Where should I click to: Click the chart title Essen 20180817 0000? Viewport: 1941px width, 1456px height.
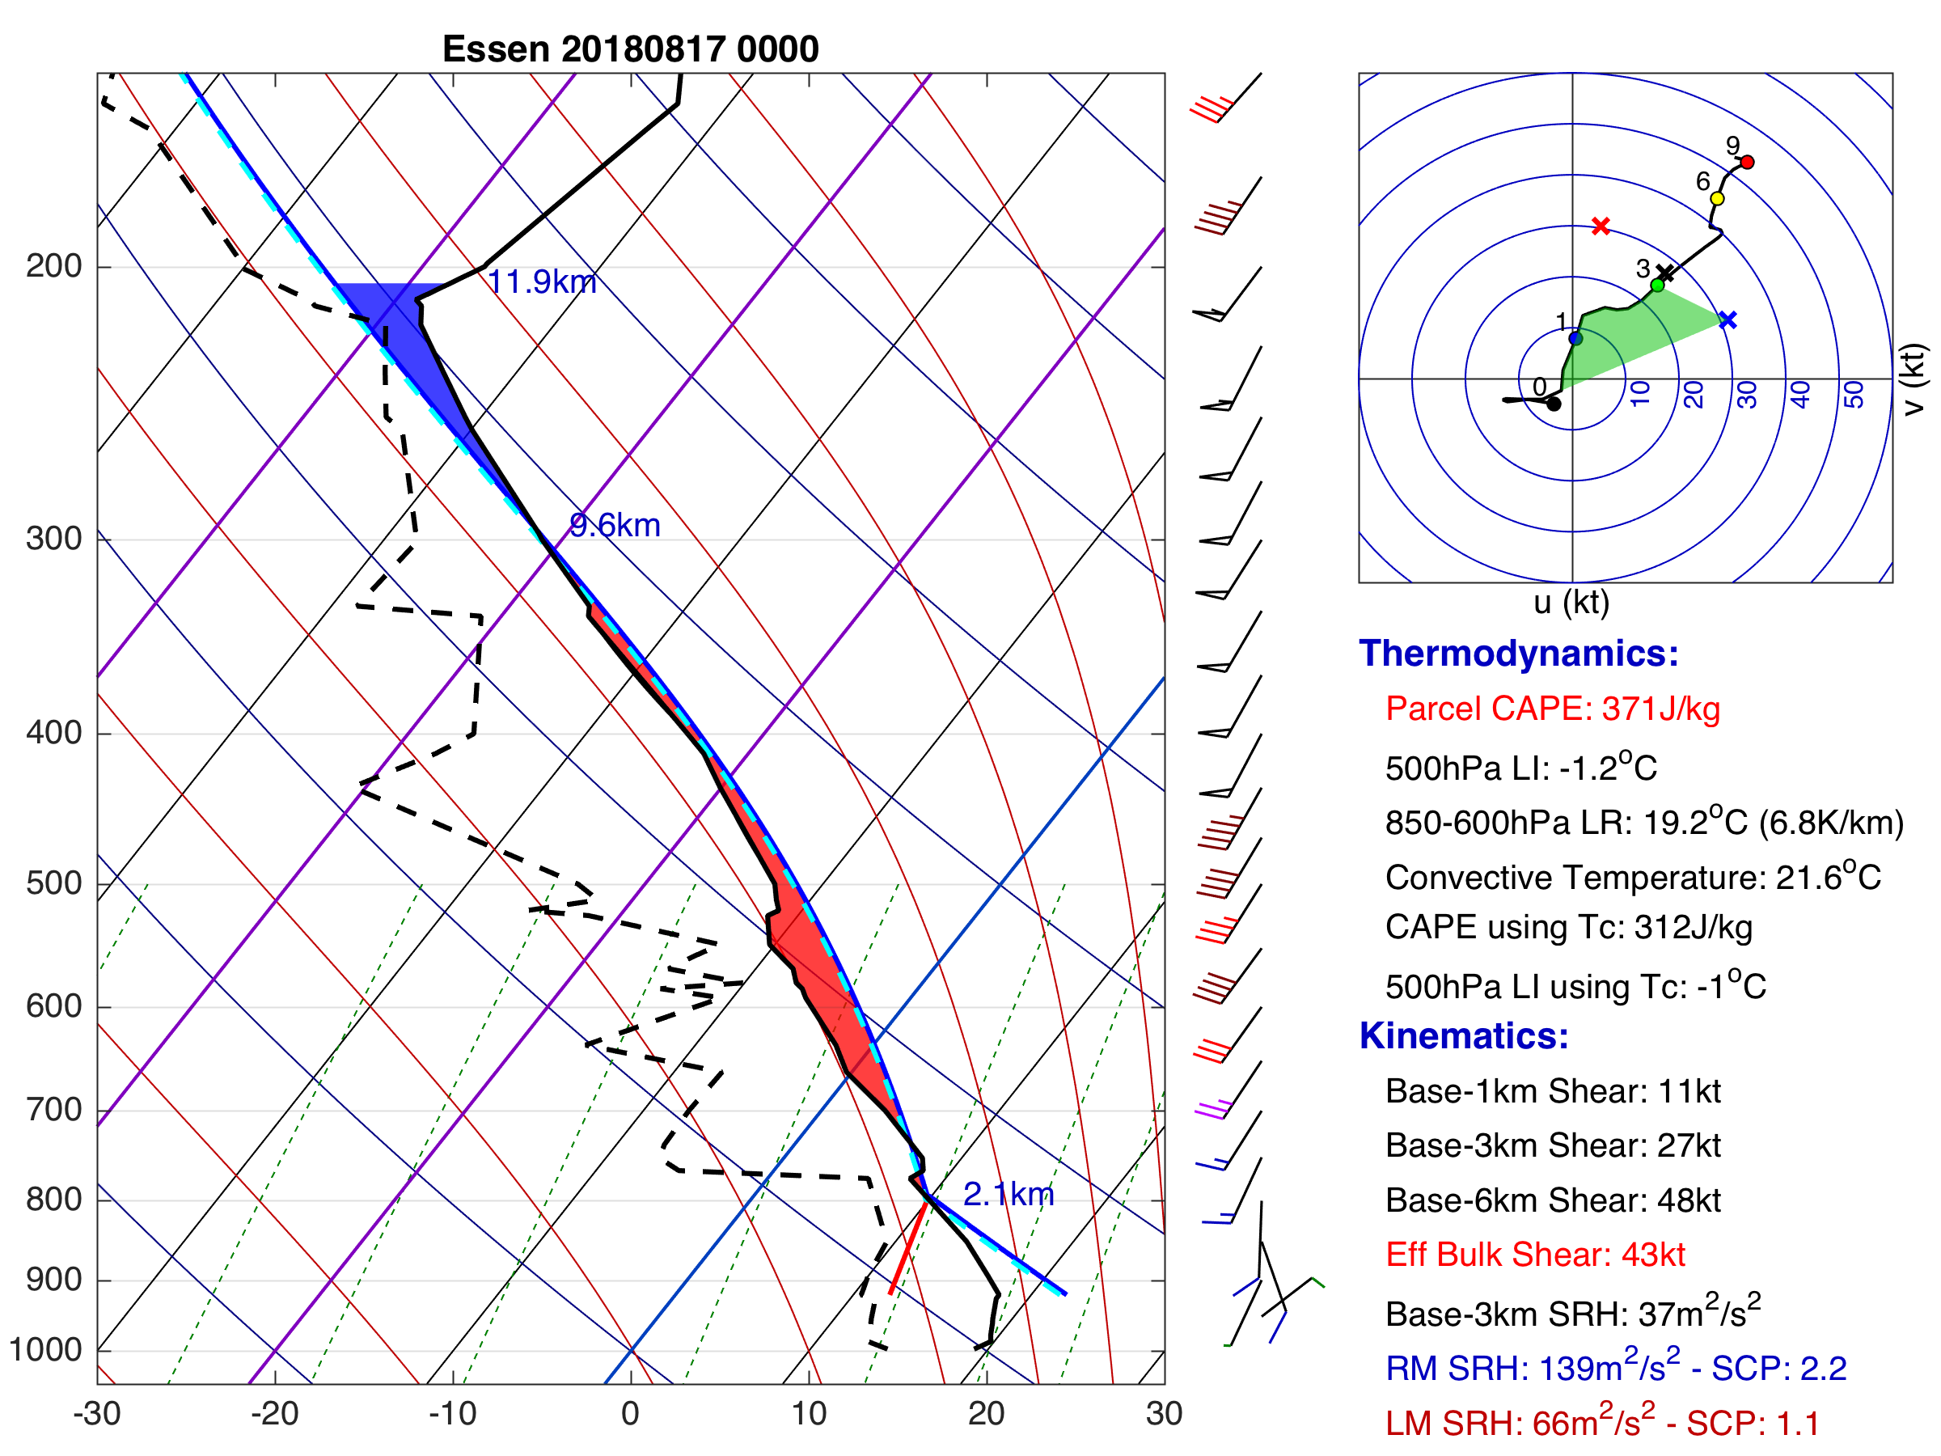(630, 49)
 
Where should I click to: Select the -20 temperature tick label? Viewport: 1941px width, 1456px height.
(274, 1414)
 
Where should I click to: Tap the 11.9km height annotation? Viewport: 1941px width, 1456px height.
(541, 281)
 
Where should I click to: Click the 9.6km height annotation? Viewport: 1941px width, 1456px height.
(614, 526)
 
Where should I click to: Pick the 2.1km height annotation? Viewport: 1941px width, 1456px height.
(1009, 1195)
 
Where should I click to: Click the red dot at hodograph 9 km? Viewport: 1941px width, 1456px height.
(1747, 163)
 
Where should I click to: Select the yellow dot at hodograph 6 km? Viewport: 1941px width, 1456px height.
(1717, 199)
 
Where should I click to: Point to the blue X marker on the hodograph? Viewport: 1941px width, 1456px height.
(1727, 320)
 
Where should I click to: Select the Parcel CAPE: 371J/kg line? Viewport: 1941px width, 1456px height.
(1552, 709)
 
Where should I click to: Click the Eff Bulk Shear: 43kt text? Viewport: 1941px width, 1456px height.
(1535, 1255)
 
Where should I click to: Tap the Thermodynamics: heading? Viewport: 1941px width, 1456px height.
(1518, 654)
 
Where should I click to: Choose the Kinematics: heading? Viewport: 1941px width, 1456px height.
(1464, 1036)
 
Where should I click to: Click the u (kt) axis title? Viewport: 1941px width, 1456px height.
(1571, 603)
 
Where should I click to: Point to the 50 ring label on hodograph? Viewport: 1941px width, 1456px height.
(1854, 394)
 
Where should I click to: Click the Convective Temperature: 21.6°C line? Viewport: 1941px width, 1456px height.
(1633, 878)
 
